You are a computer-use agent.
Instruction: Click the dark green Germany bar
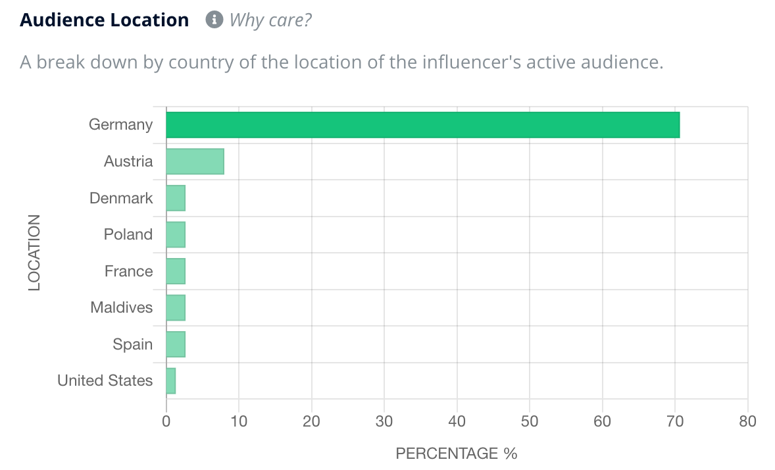pos(422,125)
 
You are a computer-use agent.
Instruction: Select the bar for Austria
pos(195,161)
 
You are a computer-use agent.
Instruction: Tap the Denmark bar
pos(176,198)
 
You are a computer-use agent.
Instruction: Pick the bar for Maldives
pos(176,307)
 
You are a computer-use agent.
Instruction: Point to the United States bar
pos(171,380)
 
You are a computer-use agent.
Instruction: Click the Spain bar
pos(176,344)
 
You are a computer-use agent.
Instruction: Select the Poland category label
pos(128,234)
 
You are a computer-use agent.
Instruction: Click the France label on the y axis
pos(128,271)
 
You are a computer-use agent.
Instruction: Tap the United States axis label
pos(105,380)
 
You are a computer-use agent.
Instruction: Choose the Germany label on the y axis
pos(121,125)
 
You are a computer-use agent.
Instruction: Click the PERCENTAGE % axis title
pos(457,454)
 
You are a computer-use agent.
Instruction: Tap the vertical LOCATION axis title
pos(34,253)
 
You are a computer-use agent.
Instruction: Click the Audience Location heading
pos(105,20)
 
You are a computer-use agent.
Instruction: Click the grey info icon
pos(214,20)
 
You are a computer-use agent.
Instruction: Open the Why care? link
pos(270,20)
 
